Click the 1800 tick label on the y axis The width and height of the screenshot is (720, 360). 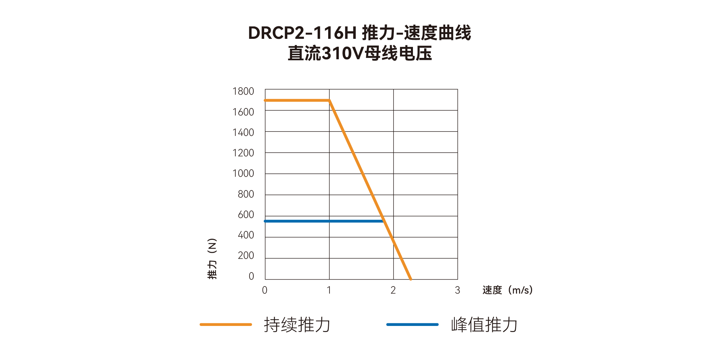pyautogui.click(x=243, y=92)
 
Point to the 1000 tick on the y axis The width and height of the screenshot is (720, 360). pyautogui.click(x=243, y=174)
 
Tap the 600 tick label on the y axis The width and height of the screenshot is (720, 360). pyautogui.click(x=246, y=215)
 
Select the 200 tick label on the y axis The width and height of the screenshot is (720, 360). pyautogui.click(x=246, y=255)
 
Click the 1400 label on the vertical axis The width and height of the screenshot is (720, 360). pyautogui.click(x=243, y=132)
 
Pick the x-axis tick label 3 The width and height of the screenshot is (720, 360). pyautogui.click(x=457, y=290)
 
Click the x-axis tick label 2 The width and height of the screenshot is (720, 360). pyautogui.click(x=393, y=290)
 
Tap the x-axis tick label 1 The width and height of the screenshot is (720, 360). pyautogui.click(x=329, y=290)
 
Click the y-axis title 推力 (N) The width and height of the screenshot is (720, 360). pyautogui.click(x=212, y=259)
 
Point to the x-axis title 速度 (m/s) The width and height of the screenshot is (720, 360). pyautogui.click(x=507, y=290)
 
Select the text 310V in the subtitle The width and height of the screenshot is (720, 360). pyautogui.click(x=342, y=53)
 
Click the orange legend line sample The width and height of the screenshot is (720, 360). pyautogui.click(x=226, y=325)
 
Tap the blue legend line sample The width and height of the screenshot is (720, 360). pyautogui.click(x=412, y=325)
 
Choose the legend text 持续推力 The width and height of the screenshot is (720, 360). pyautogui.click(x=297, y=325)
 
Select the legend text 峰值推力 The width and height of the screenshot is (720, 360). pyautogui.click(x=484, y=325)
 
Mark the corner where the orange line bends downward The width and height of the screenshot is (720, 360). pyautogui.click(x=329, y=100)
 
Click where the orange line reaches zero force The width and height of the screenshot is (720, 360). pyautogui.click(x=411, y=279)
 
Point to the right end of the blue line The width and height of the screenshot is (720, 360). pyautogui.click(x=383, y=221)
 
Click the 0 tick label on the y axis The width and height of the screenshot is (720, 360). pyautogui.click(x=251, y=276)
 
